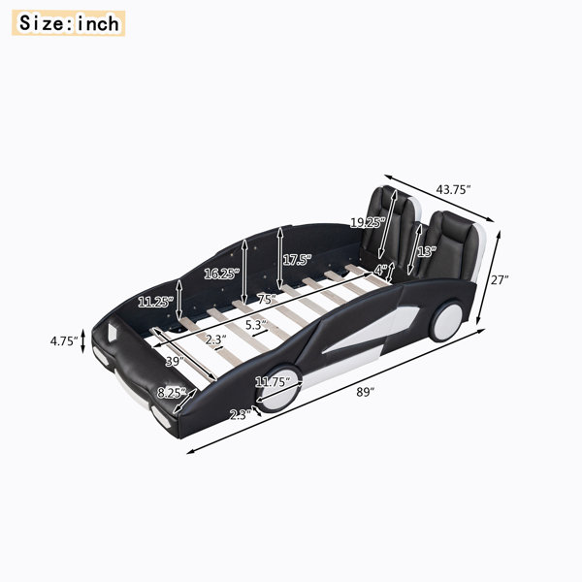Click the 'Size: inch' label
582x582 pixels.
[69, 23]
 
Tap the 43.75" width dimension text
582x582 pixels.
[453, 190]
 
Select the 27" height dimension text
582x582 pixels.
[500, 279]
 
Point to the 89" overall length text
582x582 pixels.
[366, 392]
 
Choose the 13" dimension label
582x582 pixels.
[426, 251]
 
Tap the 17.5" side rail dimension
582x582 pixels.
[297, 259]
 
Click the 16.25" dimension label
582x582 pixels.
[222, 274]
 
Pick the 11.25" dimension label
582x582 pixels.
[155, 302]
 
